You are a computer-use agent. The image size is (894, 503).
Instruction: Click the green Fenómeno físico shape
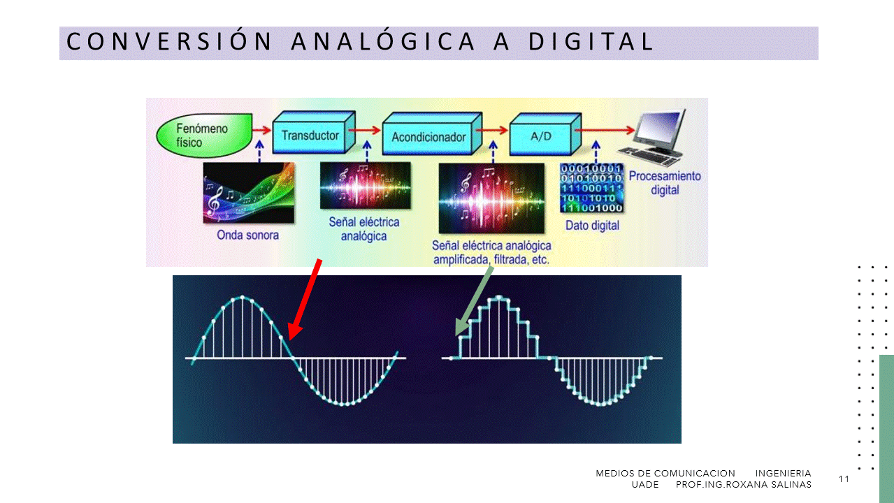(x=204, y=136)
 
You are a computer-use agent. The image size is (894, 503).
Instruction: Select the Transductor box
(x=314, y=133)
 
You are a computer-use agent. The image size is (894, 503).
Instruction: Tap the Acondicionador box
(x=432, y=134)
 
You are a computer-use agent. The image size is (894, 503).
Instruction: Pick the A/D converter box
(x=545, y=134)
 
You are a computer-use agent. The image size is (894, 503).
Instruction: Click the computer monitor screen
(x=661, y=125)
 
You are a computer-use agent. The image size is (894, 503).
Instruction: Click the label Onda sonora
(x=247, y=235)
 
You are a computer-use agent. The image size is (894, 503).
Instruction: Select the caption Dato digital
(x=592, y=226)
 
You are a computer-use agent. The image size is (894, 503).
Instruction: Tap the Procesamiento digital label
(x=665, y=183)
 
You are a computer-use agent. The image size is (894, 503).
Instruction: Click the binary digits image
(x=591, y=188)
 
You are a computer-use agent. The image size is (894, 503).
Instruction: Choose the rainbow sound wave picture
(x=249, y=193)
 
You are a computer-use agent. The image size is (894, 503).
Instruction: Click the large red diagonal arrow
(x=305, y=299)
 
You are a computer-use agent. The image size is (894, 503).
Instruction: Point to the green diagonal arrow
(x=475, y=301)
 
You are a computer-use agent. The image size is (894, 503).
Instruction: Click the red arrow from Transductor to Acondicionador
(x=364, y=130)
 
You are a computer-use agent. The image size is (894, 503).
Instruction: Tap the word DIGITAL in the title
(x=591, y=42)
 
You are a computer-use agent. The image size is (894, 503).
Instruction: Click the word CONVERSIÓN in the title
(x=169, y=42)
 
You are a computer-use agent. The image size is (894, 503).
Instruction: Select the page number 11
(x=844, y=479)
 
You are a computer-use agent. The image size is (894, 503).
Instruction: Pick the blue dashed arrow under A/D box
(x=596, y=151)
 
